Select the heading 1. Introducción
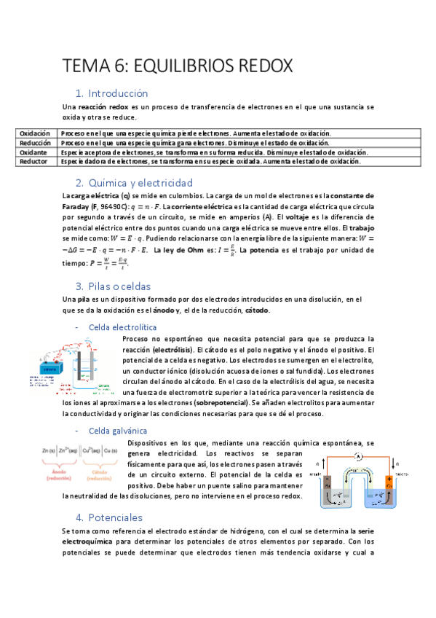pos(117,93)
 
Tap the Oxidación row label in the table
pos(34,133)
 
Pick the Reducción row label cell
pos(34,143)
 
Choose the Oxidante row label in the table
pos(33,152)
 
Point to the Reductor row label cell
pos(33,162)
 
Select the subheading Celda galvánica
pos(113,431)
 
